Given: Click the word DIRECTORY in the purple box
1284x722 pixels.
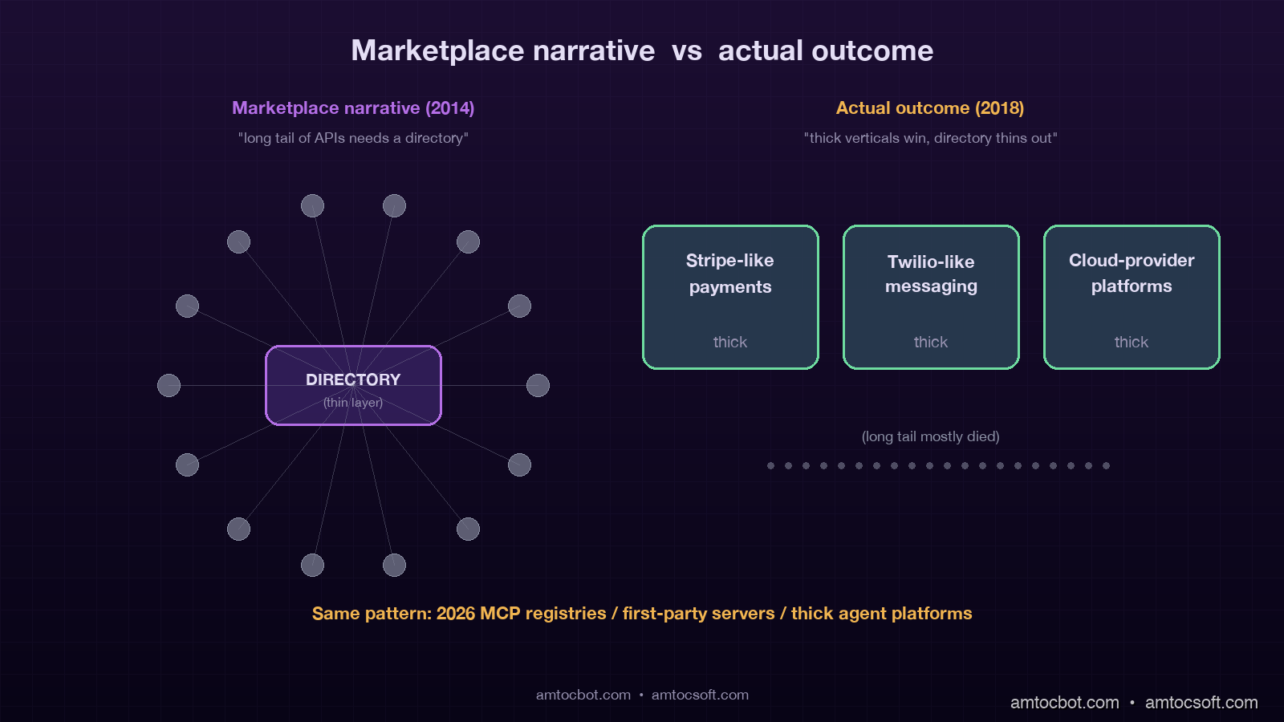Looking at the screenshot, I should [x=353, y=379].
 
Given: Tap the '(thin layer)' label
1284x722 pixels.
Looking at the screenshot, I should [x=353, y=403].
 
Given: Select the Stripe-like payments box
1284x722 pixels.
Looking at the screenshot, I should [x=730, y=297].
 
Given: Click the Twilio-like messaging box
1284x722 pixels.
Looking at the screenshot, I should [x=931, y=297].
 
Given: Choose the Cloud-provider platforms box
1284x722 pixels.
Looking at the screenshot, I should [x=1132, y=297].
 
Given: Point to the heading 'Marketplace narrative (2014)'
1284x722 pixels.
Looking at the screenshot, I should [x=353, y=107].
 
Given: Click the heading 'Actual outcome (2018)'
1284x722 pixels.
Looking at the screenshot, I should [x=930, y=107].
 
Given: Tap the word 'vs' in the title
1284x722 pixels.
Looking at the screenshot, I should [x=687, y=51].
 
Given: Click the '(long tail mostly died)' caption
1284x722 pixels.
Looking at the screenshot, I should [x=930, y=436].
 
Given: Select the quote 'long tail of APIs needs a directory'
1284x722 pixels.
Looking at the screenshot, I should [x=353, y=138].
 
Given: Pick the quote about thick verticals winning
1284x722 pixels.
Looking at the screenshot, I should [x=930, y=138].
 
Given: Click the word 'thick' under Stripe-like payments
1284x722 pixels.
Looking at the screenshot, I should [x=730, y=342].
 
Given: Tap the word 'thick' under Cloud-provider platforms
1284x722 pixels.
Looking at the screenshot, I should [x=1132, y=342].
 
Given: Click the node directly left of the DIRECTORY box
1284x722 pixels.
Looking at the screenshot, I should [x=169, y=385].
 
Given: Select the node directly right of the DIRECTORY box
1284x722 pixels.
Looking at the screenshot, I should [x=538, y=385].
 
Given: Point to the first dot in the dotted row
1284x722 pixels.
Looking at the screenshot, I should [x=770, y=465].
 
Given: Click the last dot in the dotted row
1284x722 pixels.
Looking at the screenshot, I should [x=1106, y=465].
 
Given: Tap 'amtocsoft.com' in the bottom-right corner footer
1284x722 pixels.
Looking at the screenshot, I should [x=1201, y=702].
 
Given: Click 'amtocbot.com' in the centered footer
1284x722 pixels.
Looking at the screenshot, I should [x=583, y=695].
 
